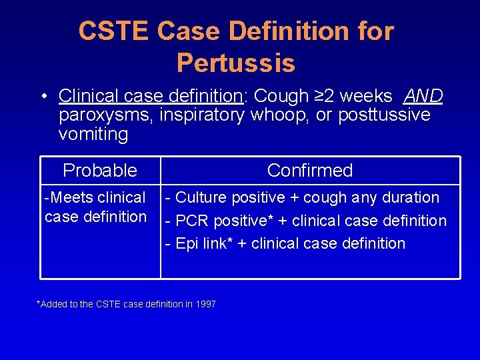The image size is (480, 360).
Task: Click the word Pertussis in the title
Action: pos(235,63)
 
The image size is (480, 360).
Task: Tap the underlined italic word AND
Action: pos(423,97)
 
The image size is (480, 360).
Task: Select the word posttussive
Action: pos(384,115)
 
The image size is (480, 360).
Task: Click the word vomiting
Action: pos(93,134)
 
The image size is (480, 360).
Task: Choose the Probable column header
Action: pos(100,171)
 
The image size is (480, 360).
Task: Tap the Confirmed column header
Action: pos(310,171)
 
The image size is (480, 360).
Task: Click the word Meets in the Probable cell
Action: pos(69,198)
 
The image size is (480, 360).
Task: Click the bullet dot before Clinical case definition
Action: pos(43,97)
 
